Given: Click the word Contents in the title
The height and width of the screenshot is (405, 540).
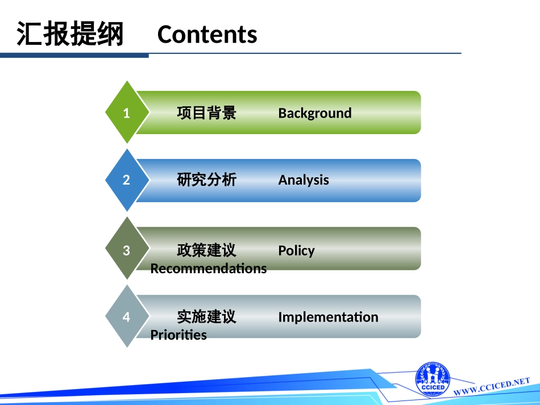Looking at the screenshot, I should coord(207,35).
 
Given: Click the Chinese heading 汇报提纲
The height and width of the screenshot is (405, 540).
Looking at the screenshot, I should coord(70,34).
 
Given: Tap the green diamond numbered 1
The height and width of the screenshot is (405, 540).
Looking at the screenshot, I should coord(127,112).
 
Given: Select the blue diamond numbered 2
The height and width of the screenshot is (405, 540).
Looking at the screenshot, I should coord(127,180).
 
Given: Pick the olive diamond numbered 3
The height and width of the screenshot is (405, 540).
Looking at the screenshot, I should coord(127,250).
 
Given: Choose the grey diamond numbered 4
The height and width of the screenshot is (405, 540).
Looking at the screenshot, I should coord(127,316).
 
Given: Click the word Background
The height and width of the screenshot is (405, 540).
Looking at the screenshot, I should coord(314,113).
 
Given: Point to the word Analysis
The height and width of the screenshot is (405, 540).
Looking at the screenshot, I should coord(303,180).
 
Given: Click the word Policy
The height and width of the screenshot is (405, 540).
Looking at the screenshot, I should coord(296,250).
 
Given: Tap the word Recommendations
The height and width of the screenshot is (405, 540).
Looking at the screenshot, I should coord(208,268).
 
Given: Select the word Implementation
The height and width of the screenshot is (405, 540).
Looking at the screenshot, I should coord(328,317).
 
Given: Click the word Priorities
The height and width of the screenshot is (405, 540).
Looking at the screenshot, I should coord(178,335).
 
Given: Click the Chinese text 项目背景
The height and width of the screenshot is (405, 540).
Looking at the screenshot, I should coord(206,113).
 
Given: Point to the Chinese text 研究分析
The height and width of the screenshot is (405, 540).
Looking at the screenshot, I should coord(206,180).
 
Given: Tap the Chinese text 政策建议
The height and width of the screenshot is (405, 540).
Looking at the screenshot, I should coord(206,250).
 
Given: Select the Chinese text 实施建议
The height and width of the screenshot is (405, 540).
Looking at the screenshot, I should coord(206,317).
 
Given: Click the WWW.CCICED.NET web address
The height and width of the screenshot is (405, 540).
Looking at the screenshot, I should coord(492,387).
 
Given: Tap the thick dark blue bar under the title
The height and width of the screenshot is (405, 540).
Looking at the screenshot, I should coord(74,55).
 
